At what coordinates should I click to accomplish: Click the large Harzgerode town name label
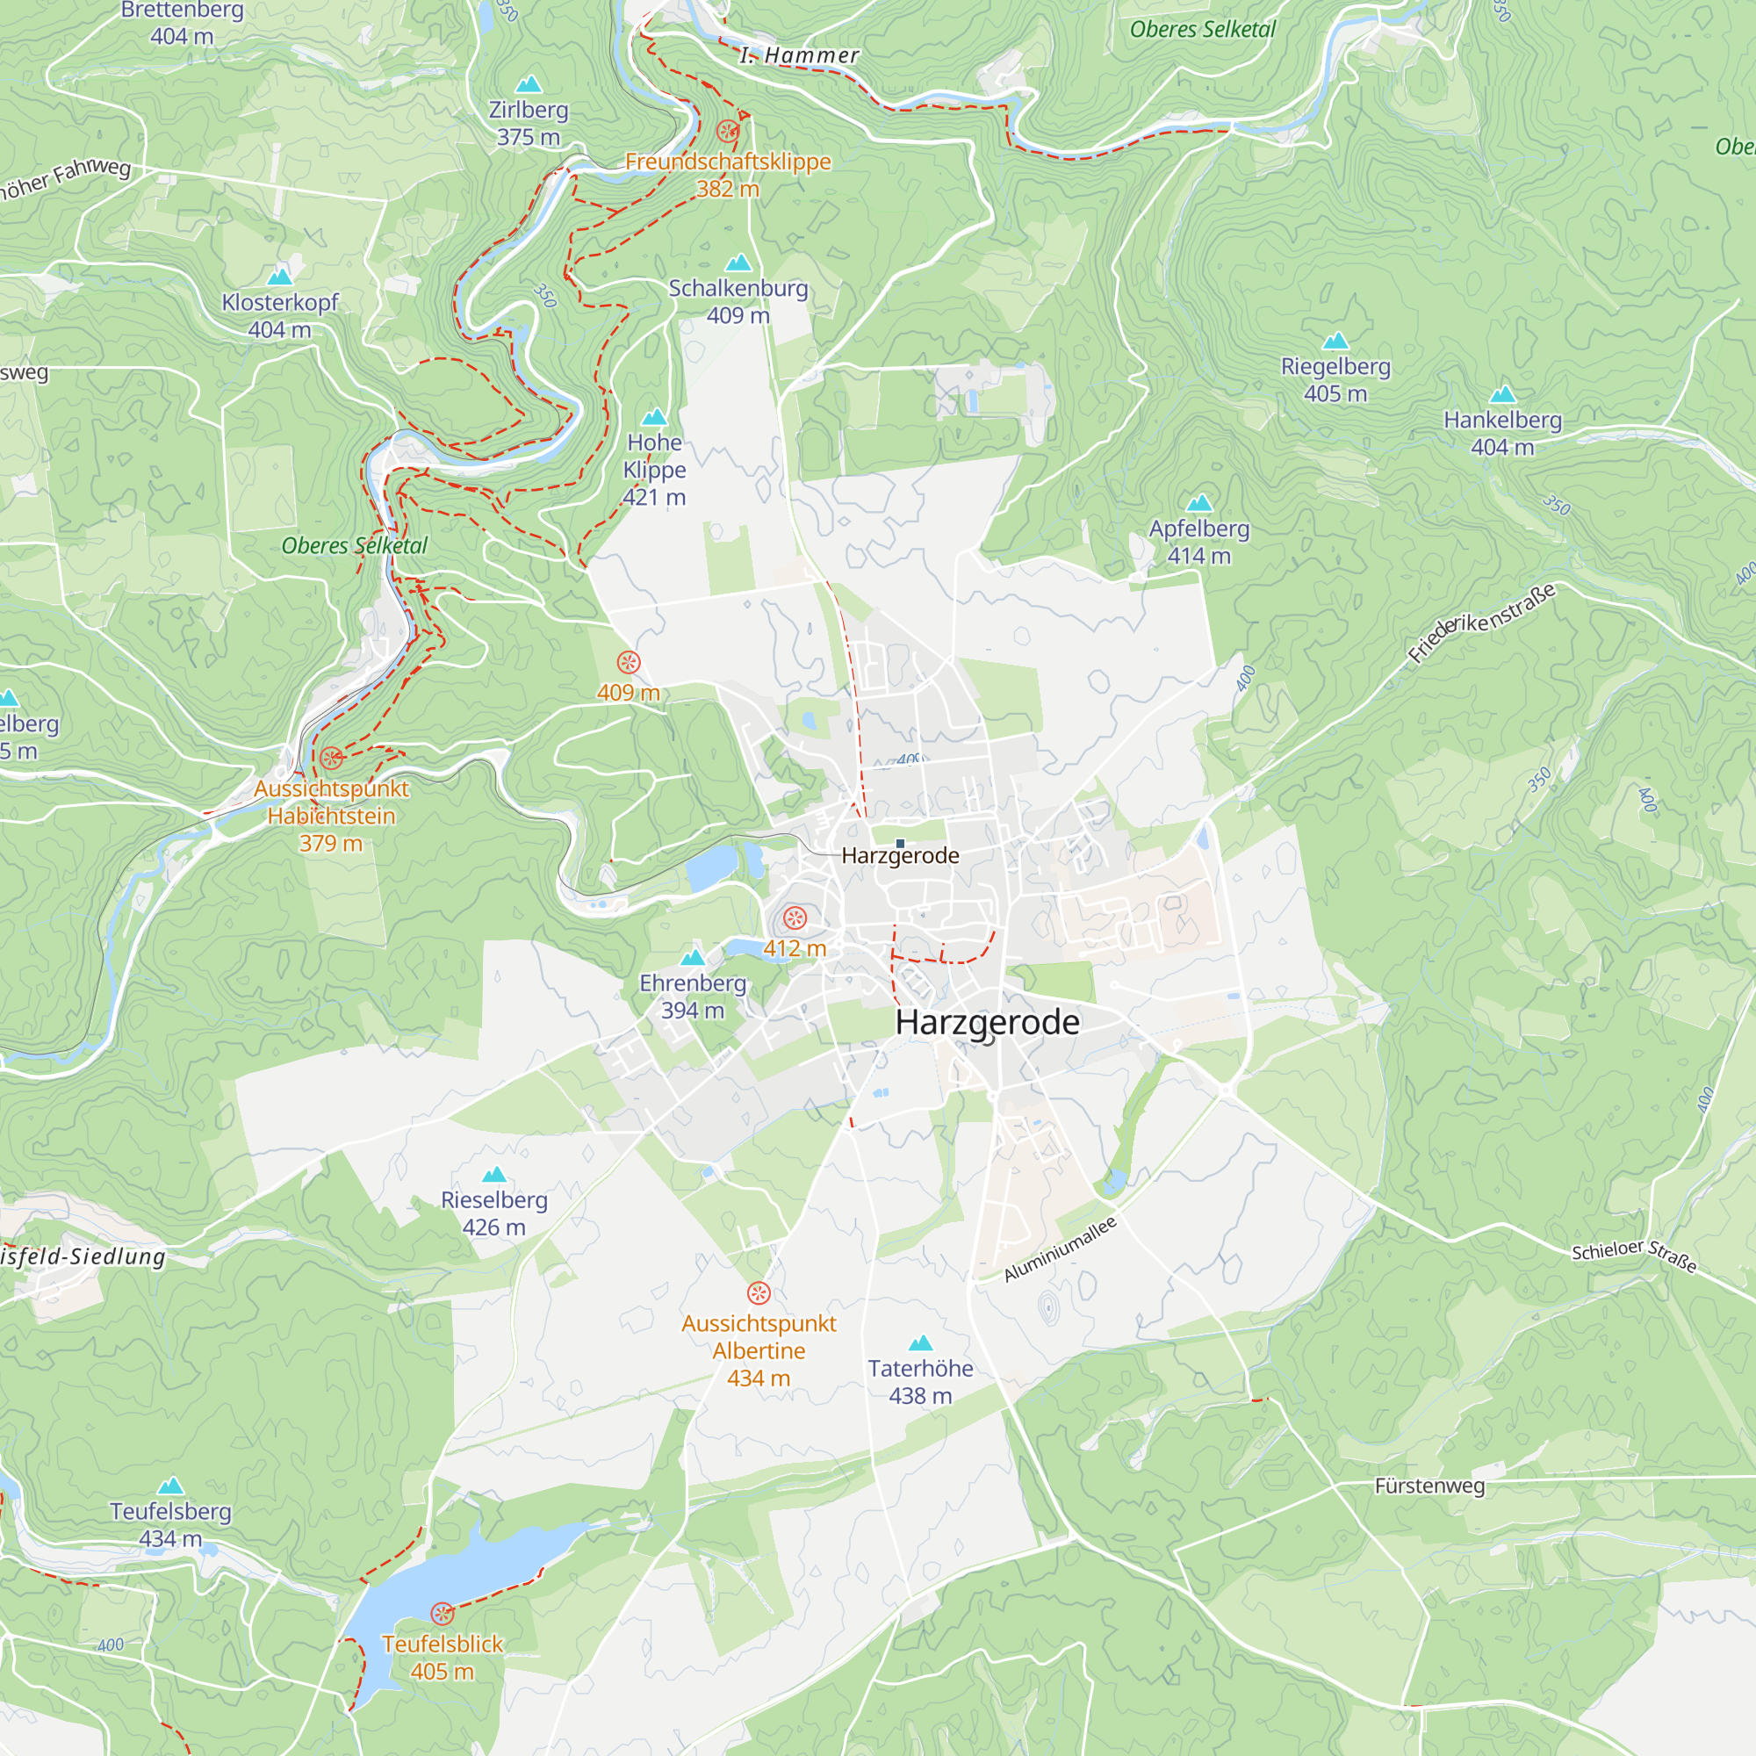987,1022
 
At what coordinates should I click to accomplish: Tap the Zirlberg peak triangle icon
528,85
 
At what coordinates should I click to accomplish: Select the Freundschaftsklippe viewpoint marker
727,130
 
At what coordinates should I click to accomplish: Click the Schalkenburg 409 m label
738,302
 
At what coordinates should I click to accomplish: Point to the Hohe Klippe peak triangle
654,418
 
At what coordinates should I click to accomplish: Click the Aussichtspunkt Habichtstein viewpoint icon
332,757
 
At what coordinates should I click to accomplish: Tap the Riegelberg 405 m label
1335,380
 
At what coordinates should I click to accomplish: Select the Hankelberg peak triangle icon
1502,394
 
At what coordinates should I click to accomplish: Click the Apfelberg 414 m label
1198,542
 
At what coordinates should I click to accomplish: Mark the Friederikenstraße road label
1481,623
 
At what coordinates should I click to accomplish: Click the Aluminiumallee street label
1060,1249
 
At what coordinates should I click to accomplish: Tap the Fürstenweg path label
1429,1486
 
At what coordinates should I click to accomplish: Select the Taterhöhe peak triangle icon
921,1343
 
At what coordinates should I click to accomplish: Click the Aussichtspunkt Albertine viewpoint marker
759,1292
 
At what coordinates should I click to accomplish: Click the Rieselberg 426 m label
493,1213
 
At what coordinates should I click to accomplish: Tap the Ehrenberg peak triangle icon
693,957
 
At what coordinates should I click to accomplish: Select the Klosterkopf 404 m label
280,315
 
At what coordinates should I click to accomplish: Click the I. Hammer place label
799,55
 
